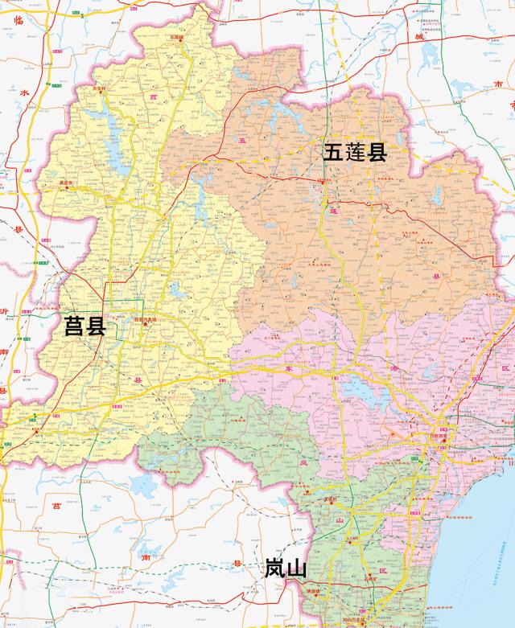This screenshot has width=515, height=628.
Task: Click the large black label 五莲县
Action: [356, 153]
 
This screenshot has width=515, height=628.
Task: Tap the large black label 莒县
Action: [84, 326]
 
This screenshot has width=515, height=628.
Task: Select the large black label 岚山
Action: [286, 569]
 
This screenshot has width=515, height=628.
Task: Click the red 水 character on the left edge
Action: [24, 93]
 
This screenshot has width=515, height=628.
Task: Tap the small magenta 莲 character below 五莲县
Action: [332, 211]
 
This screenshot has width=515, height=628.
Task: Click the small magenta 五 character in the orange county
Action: [240, 142]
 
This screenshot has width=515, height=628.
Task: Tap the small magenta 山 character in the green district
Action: [339, 520]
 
